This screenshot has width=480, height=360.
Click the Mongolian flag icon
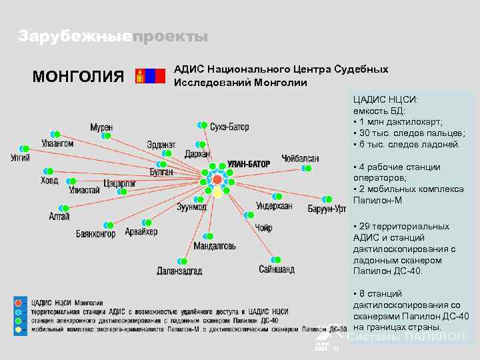[x=150, y=75]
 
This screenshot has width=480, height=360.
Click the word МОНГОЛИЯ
[x=78, y=76]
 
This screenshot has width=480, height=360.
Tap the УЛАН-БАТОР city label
[x=249, y=163]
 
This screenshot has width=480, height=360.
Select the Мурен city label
[x=102, y=127]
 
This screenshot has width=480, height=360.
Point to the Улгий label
[x=21, y=158]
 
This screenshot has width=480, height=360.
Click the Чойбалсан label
[x=300, y=159]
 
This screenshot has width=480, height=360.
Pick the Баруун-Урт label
[x=327, y=209]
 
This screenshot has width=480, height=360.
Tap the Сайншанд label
[x=277, y=269]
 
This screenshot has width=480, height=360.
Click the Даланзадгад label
[x=179, y=271]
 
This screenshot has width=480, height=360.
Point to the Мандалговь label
[x=214, y=246]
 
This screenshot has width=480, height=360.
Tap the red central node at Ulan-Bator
[x=217, y=180]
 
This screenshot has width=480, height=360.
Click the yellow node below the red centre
[x=217, y=193]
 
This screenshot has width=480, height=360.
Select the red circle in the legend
[x=19, y=302]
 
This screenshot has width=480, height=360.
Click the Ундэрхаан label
[x=274, y=206]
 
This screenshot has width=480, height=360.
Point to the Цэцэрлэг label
[x=119, y=183]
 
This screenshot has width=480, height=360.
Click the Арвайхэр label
[x=141, y=231]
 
